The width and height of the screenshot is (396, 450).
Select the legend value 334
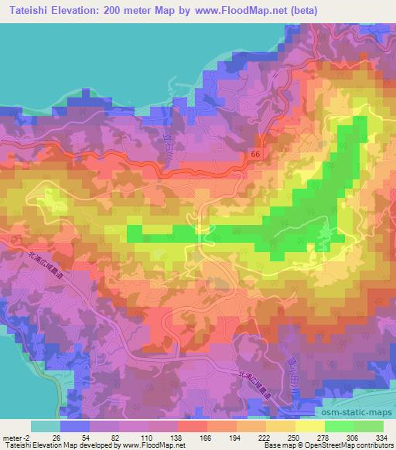[377, 437]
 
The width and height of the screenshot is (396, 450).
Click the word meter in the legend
[12, 437]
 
